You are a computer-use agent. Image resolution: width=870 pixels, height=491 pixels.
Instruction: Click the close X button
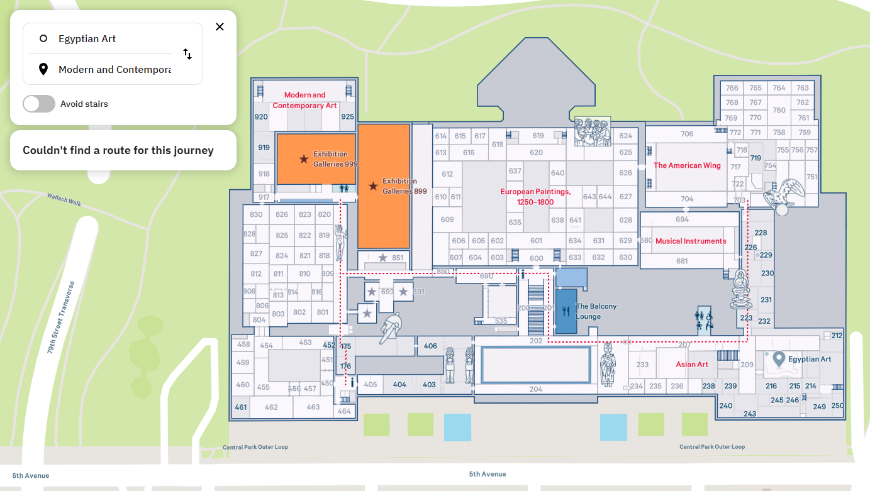point(220,27)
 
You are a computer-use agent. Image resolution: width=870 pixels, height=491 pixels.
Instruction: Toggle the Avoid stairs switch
point(39,104)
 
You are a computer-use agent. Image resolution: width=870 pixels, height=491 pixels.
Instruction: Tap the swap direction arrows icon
point(187,54)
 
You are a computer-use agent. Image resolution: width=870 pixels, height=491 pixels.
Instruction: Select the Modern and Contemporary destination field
point(113,70)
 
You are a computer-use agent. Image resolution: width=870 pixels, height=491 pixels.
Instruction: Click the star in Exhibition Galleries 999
point(304,159)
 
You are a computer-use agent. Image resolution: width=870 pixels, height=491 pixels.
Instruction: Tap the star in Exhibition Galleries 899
point(373,186)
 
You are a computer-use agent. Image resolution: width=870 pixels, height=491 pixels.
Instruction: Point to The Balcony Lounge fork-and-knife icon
point(566,311)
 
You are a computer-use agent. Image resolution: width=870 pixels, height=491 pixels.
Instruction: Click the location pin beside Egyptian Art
point(779,359)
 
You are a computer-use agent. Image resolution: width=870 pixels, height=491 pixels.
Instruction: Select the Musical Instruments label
point(691,241)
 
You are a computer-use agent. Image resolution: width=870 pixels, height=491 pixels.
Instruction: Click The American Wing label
point(687,166)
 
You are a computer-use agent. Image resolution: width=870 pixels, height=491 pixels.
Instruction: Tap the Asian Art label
point(692,365)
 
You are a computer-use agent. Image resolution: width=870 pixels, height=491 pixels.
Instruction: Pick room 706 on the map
point(687,134)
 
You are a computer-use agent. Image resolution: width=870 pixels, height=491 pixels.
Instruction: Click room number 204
point(535,389)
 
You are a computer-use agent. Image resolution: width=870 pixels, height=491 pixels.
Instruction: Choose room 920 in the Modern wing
point(261,117)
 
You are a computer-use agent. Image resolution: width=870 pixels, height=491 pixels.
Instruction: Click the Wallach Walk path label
point(64,199)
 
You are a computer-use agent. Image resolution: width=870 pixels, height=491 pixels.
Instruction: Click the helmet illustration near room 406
point(391,328)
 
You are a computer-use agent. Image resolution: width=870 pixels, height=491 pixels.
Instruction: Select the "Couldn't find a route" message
point(118,150)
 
